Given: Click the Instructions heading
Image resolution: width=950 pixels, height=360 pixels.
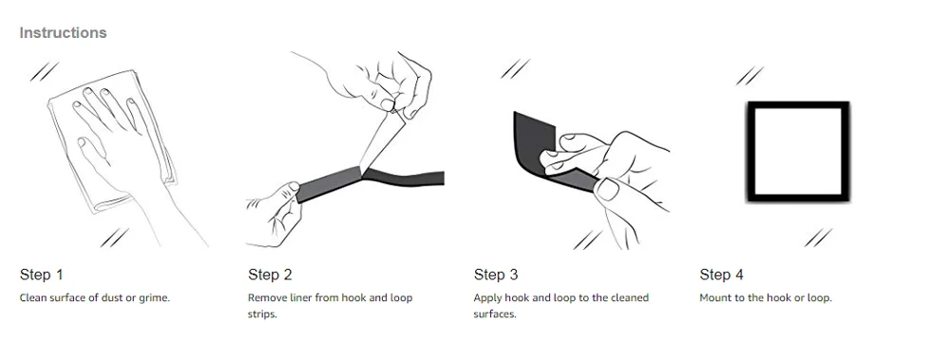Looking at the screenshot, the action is (63, 32).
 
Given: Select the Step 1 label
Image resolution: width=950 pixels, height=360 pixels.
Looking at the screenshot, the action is (41, 275).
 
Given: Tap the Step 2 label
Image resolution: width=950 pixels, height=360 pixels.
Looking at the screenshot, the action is (270, 275).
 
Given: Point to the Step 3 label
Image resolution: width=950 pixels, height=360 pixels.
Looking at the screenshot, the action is (496, 275).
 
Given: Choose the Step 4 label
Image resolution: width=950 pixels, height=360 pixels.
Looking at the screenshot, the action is (722, 275).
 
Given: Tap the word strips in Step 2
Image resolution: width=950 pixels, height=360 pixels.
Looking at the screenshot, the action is (262, 315).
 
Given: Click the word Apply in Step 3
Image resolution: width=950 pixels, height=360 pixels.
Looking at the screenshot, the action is (488, 298).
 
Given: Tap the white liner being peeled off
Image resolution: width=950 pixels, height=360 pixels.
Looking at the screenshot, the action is (381, 140).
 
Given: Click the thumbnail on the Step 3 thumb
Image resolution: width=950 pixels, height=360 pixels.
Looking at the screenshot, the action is (606, 190).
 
